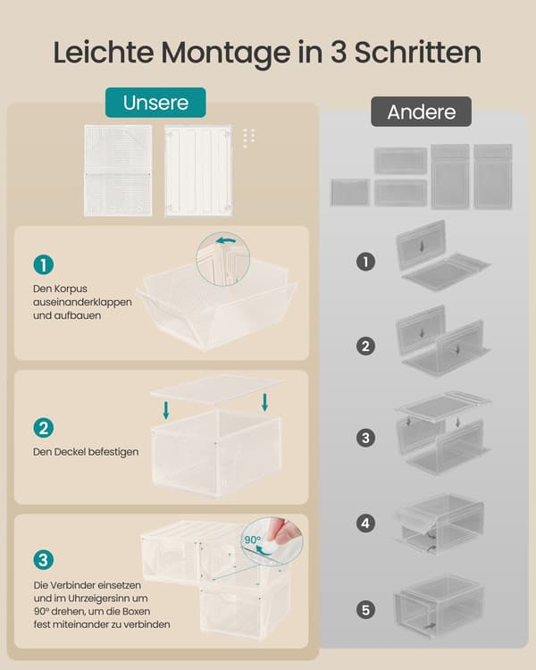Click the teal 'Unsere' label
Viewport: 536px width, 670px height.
click(155, 103)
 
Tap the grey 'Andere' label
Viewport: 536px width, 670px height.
click(421, 112)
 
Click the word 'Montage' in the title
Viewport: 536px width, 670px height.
click(226, 53)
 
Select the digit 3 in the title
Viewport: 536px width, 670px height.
click(338, 52)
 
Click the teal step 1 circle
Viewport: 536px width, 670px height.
click(44, 265)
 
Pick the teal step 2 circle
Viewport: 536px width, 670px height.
click(44, 428)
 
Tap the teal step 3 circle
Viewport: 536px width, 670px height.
click(44, 560)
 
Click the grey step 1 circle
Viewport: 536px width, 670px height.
click(365, 262)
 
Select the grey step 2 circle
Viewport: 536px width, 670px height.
click(365, 346)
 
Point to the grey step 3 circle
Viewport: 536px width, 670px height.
click(365, 438)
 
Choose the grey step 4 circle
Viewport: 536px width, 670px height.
click(365, 523)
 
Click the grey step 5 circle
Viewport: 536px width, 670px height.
click(365, 610)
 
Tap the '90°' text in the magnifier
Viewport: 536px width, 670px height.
click(253, 540)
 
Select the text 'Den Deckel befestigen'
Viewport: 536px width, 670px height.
click(86, 452)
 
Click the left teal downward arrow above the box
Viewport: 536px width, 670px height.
click(166, 410)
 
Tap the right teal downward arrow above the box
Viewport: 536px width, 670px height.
click(265, 403)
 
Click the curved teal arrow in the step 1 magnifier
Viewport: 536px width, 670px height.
click(226, 241)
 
